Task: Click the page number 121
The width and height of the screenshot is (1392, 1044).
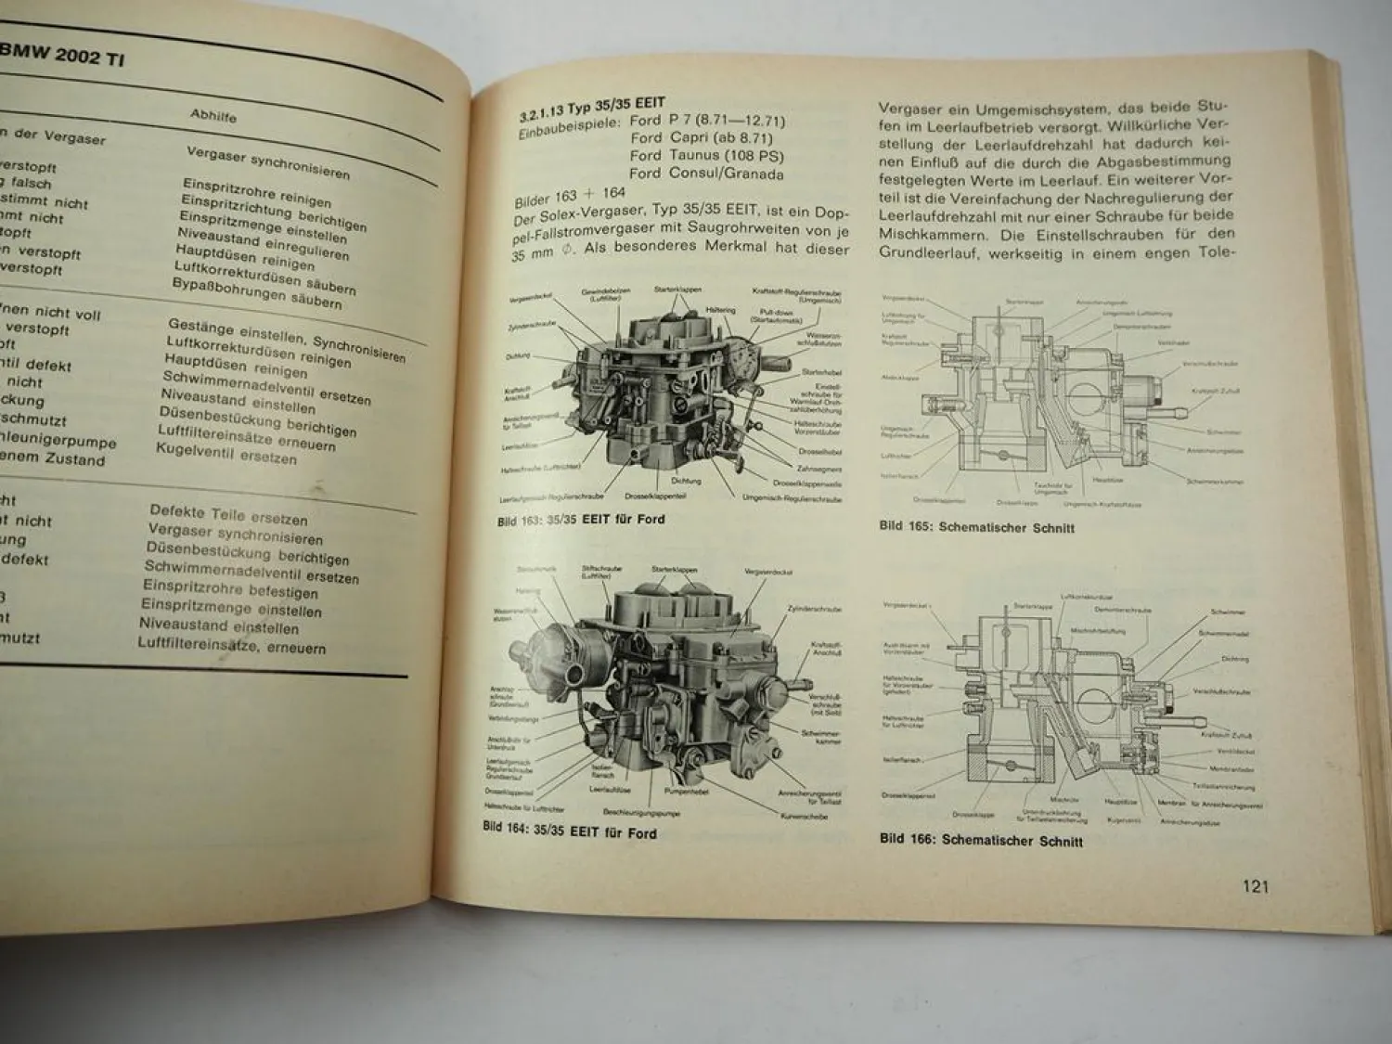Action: pos(1255,886)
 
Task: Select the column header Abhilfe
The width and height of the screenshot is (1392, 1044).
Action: pos(213,116)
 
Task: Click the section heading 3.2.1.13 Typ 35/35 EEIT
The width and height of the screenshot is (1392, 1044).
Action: pos(591,110)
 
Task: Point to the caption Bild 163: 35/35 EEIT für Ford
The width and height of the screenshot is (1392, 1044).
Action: pos(581,520)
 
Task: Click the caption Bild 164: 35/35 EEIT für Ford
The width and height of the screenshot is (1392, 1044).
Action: pos(570,830)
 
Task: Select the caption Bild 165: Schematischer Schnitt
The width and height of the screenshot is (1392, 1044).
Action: pos(976,527)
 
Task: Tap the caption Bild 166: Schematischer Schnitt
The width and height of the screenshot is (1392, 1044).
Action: pos(981,841)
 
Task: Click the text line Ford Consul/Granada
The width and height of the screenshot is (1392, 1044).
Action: pos(706,174)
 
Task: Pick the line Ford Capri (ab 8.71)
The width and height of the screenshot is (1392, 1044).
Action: pos(702,138)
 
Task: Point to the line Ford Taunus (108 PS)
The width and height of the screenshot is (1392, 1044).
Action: pos(706,156)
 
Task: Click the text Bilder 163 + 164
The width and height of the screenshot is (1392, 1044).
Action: pos(570,198)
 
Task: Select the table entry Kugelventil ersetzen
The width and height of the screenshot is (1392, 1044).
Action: pos(226,454)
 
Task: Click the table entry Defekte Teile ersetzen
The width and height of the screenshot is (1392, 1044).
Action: pos(228,515)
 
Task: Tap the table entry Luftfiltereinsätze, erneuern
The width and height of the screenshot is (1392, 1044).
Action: pos(231,644)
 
